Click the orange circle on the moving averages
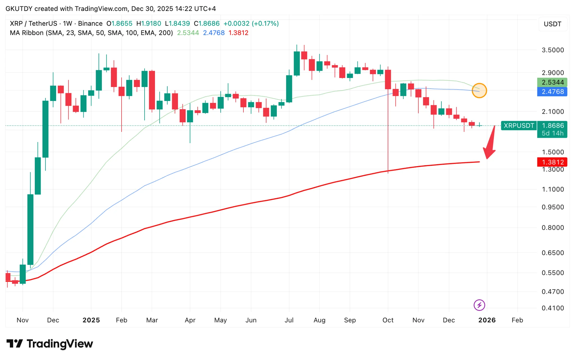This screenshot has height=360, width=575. (479, 91)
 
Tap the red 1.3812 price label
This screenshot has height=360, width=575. (552, 162)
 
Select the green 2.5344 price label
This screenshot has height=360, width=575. (552, 82)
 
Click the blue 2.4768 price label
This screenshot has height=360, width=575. (552, 92)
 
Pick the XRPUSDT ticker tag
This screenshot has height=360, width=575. (519, 126)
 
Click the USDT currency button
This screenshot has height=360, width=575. (552, 24)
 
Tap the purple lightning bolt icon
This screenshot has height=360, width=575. (479, 305)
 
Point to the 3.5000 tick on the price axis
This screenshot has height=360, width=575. (553, 50)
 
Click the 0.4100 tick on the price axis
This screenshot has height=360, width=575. (553, 308)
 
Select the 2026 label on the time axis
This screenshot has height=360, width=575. (487, 320)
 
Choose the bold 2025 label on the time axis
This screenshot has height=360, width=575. (91, 320)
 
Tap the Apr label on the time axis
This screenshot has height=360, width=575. (190, 320)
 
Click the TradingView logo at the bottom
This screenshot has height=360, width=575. (50, 344)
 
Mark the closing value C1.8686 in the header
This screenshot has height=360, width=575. (207, 24)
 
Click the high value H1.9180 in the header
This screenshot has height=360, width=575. (149, 24)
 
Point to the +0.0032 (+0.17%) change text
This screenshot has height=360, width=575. (251, 24)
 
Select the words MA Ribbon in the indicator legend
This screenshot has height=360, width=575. (27, 33)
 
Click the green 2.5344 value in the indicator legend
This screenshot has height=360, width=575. (188, 33)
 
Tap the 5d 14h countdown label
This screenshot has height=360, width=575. (552, 133)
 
